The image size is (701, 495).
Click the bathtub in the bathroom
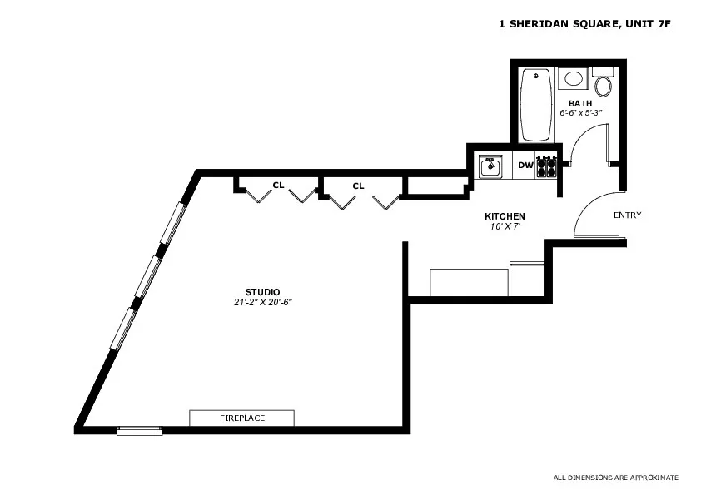[x=536, y=105]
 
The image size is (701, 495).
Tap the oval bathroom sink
[x=573, y=79]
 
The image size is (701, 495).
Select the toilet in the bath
[x=604, y=84]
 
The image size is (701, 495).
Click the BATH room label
[x=580, y=103]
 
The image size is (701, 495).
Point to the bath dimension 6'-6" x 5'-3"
[x=580, y=111]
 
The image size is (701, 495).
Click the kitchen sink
[x=491, y=166]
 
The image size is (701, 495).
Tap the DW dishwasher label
[x=525, y=166]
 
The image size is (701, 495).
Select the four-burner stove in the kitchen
[x=546, y=166]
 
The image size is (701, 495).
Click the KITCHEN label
[x=505, y=216]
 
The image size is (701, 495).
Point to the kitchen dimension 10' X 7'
[x=505, y=225]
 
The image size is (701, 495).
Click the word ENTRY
[x=627, y=215]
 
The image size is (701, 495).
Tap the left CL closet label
[x=278, y=186]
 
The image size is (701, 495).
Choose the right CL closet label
[x=358, y=186]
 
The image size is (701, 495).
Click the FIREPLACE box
[x=241, y=418]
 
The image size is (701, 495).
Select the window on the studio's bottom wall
[x=139, y=430]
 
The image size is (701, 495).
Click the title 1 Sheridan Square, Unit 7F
[x=584, y=25]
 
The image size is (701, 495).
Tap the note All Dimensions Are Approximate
[x=615, y=478]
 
